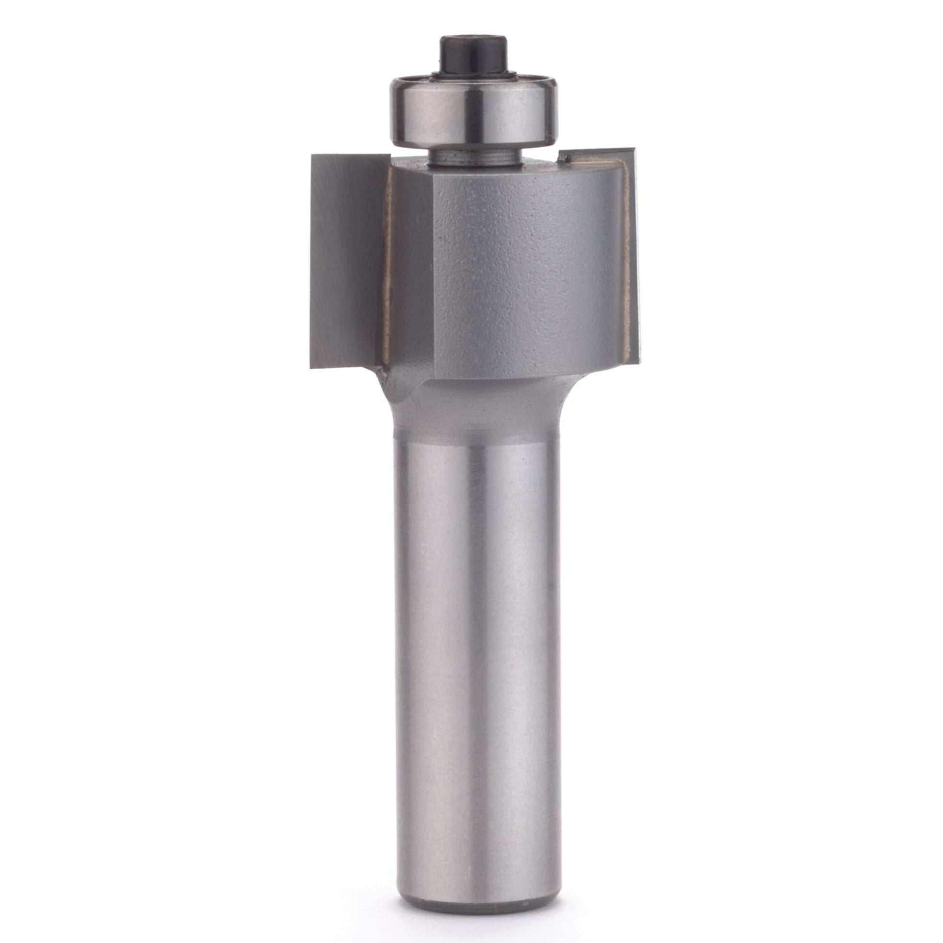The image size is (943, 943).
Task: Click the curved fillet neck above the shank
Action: tap(472, 400)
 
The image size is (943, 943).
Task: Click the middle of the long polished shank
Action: tap(472, 659)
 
